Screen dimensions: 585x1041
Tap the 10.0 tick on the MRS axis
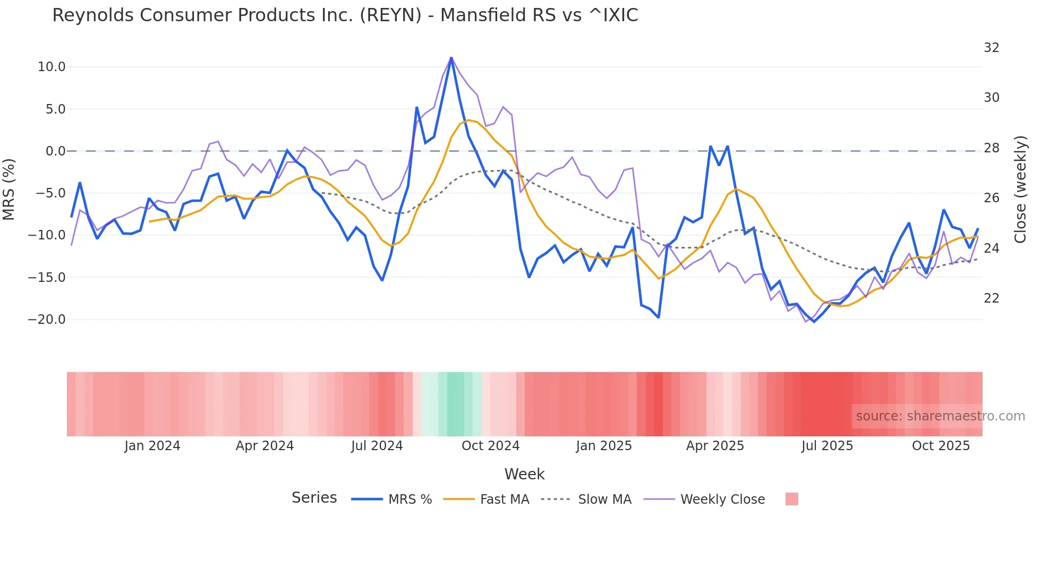52,67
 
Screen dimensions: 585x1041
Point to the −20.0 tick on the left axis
47,320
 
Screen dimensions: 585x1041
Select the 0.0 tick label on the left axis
55,151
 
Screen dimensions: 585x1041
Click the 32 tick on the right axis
991,48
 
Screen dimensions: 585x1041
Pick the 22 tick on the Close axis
991,298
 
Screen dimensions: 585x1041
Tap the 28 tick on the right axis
991,148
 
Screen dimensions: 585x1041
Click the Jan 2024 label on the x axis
152,446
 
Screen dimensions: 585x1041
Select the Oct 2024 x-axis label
490,446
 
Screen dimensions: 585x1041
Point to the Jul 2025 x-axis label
827,446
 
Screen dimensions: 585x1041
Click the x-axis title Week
524,474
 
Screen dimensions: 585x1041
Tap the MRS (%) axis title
9,189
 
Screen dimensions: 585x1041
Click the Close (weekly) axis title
1020,189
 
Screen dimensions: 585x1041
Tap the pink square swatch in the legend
791,500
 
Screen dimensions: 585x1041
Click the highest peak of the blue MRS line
451,58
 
